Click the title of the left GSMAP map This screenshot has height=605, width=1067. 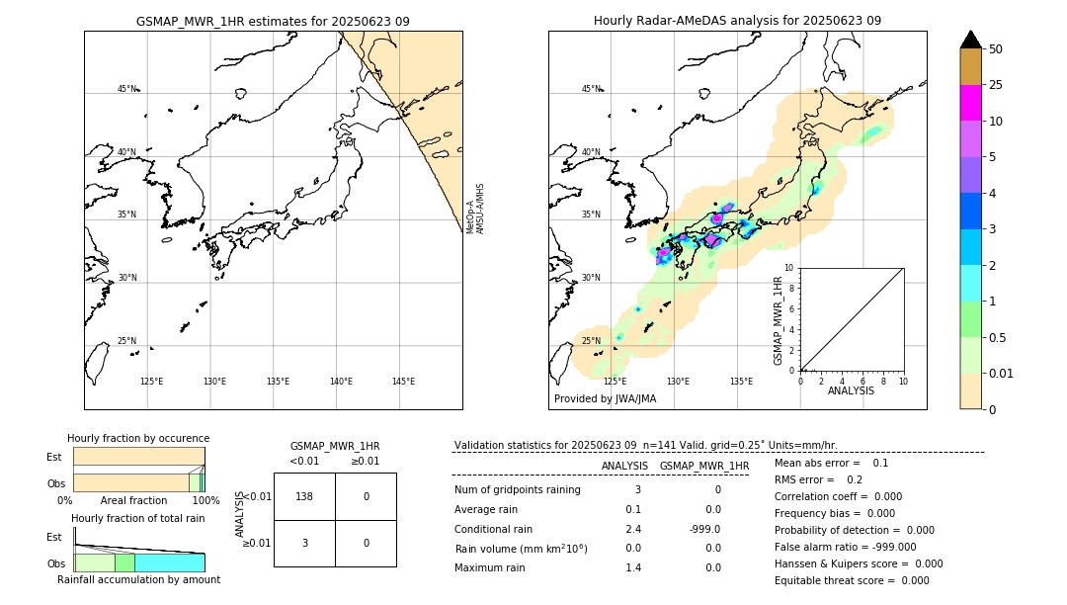pyautogui.click(x=273, y=21)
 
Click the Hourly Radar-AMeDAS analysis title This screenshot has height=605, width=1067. pyautogui.click(x=737, y=21)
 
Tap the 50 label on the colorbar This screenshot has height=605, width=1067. pyautogui.click(x=996, y=49)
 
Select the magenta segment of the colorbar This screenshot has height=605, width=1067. pyautogui.click(x=970, y=103)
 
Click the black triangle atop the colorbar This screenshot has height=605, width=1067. pyautogui.click(x=970, y=40)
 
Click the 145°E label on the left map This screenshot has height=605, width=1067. pyautogui.click(x=403, y=382)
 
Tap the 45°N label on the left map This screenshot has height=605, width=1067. pyautogui.click(x=127, y=89)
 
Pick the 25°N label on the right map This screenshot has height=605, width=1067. pyautogui.click(x=591, y=341)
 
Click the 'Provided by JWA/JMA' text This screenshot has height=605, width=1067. pyautogui.click(x=605, y=398)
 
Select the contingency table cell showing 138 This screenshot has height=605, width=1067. pyautogui.click(x=304, y=496)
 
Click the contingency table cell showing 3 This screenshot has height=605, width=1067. pyautogui.click(x=304, y=543)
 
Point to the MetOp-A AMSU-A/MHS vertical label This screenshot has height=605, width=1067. pyautogui.click(x=475, y=209)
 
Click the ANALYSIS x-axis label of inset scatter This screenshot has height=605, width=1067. pyautogui.click(x=851, y=390)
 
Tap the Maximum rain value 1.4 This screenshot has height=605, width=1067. pyautogui.click(x=632, y=567)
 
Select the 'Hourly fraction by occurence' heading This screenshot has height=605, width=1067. pyautogui.click(x=138, y=438)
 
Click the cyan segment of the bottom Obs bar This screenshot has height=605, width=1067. pyautogui.click(x=169, y=562)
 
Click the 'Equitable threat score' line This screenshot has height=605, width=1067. pyautogui.click(x=852, y=580)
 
